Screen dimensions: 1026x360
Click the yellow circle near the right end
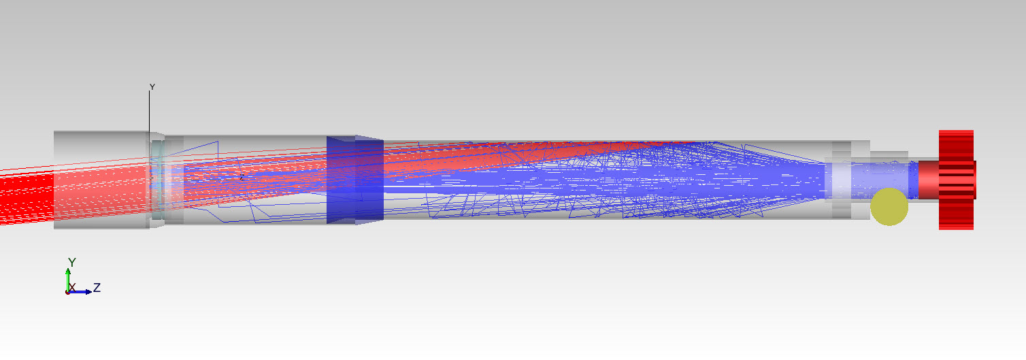(x=889, y=207)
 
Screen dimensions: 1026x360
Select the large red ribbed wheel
(x=957, y=180)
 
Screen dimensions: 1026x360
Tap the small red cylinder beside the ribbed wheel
(x=929, y=180)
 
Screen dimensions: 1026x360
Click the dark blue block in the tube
(x=355, y=180)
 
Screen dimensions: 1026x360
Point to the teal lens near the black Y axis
(x=157, y=180)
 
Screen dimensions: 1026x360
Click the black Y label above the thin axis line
(x=152, y=86)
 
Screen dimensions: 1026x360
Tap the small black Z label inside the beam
(x=242, y=177)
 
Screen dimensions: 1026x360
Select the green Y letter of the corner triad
(x=72, y=262)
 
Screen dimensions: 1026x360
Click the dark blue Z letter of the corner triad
(x=97, y=288)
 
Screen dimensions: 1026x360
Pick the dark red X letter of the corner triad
(x=72, y=288)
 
